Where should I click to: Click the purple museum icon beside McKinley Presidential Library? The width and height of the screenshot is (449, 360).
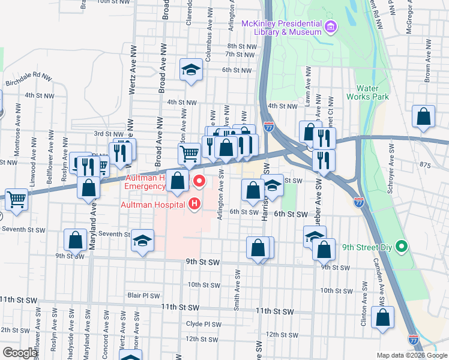coord(331,26)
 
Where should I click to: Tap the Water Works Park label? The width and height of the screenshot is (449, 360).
coord(372,92)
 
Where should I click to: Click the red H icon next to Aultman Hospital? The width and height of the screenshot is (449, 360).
coord(194,205)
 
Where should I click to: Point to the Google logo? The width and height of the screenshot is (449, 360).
coord(20,353)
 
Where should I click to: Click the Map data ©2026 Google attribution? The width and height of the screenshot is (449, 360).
coord(412,355)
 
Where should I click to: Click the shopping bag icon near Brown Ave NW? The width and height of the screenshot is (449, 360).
coord(423,117)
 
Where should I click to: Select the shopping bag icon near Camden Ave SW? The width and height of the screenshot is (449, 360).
coord(382,318)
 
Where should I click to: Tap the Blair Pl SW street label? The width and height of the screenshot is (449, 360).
coord(143,295)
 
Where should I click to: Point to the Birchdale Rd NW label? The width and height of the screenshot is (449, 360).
coord(29,80)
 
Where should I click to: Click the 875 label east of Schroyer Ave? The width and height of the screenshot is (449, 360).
coord(426,165)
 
